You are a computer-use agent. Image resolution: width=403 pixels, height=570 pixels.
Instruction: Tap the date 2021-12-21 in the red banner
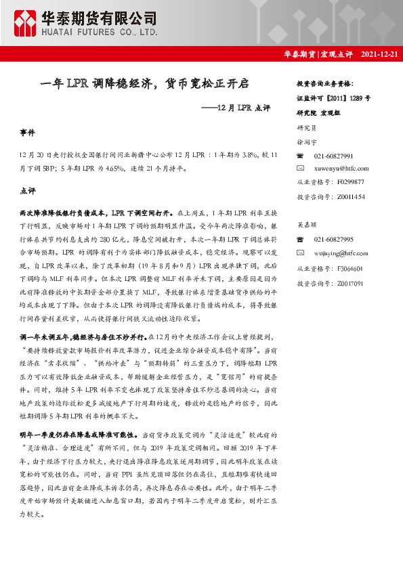point(380,53)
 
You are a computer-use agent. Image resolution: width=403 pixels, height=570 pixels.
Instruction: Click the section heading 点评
point(27,192)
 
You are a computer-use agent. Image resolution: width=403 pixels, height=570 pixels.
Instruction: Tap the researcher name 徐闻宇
point(306,144)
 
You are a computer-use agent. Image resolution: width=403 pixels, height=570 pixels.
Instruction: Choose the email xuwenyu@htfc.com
point(341,168)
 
